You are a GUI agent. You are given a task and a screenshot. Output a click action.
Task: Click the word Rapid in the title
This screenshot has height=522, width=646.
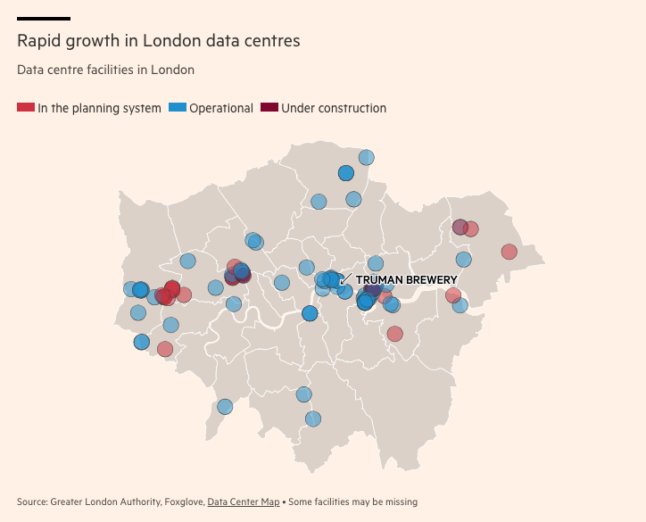pyautogui.click(x=38, y=41)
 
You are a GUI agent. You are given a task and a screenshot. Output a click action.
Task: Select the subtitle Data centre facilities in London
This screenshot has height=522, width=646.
pyautogui.click(x=105, y=70)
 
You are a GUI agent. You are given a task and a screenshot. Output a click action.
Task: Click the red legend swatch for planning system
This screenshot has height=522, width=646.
pyautogui.click(x=26, y=108)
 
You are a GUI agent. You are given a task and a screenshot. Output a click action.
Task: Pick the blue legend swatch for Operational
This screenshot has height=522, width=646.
pyautogui.click(x=177, y=108)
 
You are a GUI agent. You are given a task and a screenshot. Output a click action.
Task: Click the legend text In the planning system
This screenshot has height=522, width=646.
pyautogui.click(x=99, y=108)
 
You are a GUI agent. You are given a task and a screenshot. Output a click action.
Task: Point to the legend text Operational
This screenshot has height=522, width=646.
pyautogui.click(x=221, y=108)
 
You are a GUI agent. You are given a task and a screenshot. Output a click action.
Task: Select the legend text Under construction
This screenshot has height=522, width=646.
pyautogui.click(x=334, y=108)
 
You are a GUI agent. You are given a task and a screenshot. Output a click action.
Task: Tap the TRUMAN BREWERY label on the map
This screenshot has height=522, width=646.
pyautogui.click(x=406, y=280)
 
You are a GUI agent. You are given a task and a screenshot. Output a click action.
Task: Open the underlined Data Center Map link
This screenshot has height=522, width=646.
pyautogui.click(x=244, y=501)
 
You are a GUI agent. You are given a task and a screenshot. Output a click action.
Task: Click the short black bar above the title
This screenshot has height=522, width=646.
pyautogui.click(x=44, y=18)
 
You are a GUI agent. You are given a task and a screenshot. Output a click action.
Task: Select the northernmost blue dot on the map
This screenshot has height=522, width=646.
pyautogui.click(x=366, y=158)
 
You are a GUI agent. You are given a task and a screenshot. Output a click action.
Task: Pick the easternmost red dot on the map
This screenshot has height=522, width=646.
pyautogui.click(x=509, y=252)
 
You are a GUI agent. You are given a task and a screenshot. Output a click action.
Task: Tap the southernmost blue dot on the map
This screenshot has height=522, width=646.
pyautogui.click(x=312, y=418)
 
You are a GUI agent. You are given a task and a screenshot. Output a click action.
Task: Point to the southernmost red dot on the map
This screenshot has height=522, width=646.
pyautogui.click(x=165, y=349)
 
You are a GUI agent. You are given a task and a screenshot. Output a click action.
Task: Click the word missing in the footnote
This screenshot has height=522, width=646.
pyautogui.click(x=399, y=501)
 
